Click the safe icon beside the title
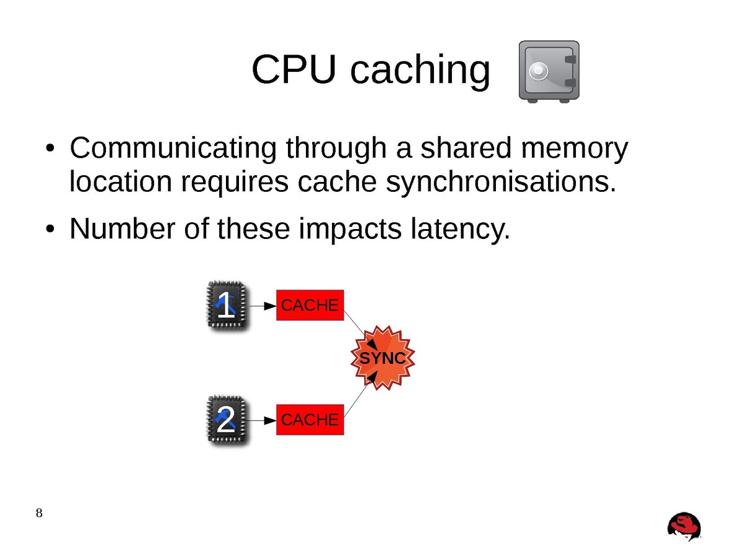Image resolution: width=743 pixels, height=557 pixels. click(548, 71)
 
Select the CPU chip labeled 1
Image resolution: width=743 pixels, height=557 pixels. click(226, 305)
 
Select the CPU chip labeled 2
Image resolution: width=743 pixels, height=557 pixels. click(226, 420)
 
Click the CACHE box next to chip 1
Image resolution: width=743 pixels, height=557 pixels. click(310, 305)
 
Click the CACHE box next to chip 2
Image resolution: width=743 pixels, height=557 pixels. click(310, 420)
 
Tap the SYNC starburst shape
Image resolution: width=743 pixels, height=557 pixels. click(382, 358)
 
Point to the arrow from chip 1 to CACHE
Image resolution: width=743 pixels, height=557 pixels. click(263, 305)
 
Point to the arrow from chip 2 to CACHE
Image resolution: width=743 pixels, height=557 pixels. click(263, 420)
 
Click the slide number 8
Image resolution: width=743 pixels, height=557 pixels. click(39, 513)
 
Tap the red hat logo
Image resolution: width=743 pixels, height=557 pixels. click(684, 527)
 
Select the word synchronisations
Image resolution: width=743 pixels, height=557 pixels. click(502, 183)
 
